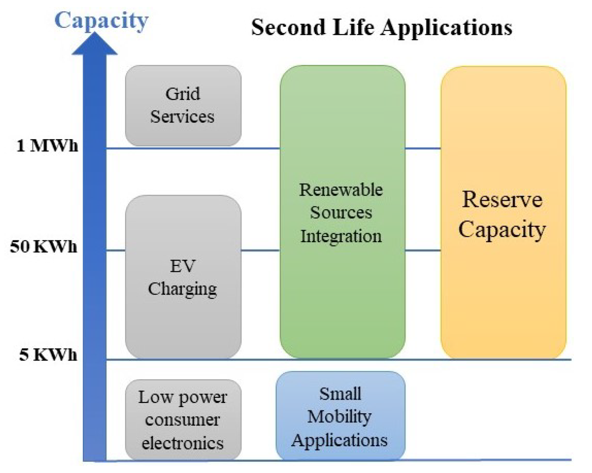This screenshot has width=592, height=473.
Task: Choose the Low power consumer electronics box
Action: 183,420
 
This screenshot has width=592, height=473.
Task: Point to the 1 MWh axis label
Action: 47,146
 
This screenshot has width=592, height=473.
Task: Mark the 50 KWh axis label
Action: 44,247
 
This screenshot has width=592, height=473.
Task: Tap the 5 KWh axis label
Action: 48,355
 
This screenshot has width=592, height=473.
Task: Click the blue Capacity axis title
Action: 101,21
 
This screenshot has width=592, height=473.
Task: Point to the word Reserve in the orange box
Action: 502,200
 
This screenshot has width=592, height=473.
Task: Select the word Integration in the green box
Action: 341,236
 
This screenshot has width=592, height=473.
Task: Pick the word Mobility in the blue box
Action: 339,417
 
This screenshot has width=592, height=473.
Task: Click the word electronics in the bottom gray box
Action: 183,443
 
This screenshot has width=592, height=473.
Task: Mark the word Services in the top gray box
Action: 182,117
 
